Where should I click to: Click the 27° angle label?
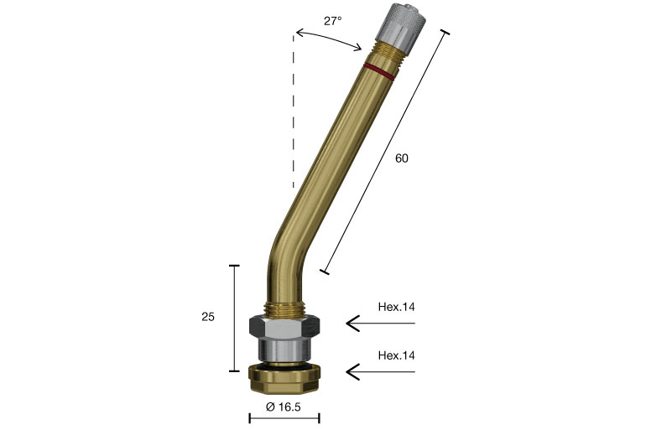332,21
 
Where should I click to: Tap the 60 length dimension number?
402,158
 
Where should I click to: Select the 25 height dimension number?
208,317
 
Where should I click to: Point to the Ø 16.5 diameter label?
284,407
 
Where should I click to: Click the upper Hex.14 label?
396,307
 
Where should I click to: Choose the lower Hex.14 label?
396,355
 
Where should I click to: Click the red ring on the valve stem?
378,71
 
